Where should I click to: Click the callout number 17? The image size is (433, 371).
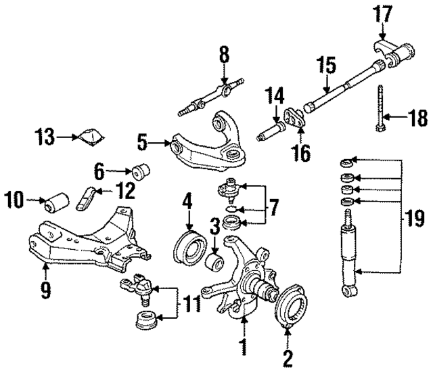tap(382, 14)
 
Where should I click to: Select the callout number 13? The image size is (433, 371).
tap(46, 139)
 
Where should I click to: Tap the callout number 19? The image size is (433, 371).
tap(415, 218)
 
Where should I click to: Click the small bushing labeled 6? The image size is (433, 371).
tap(143, 170)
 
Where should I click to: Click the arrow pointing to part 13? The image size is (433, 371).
tap(68, 138)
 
